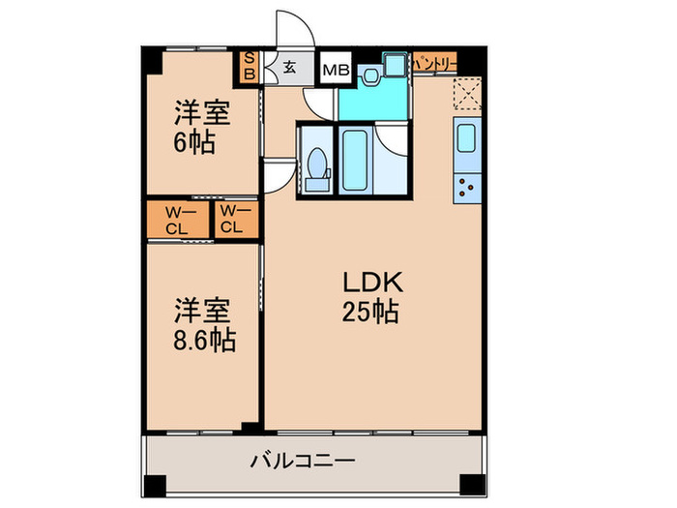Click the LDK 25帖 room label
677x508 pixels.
pos(371,297)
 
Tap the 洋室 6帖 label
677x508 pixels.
pos(201,127)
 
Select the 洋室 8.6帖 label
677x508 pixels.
pos(203,326)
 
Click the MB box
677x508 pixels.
pos(336,69)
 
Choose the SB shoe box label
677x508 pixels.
pos(249,65)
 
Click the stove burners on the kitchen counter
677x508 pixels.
pos(466,186)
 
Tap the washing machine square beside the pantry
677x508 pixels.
pos(396,64)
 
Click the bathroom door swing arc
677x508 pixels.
pos(394,139)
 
